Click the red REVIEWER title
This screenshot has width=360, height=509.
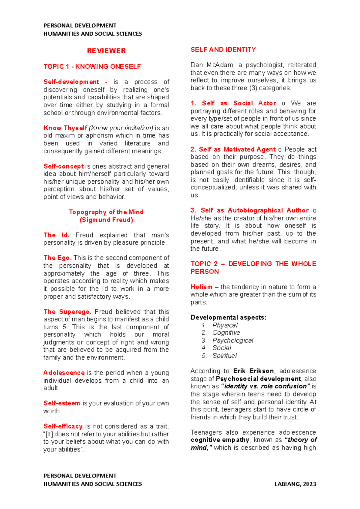106,51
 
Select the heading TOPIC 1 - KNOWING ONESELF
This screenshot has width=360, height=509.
92,67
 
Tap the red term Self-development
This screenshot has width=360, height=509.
71,82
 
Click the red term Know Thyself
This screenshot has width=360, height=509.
65,128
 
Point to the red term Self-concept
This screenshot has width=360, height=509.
63,166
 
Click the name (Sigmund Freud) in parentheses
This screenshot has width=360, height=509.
106,220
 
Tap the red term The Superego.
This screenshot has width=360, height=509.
67,312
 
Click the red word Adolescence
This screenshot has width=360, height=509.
64,373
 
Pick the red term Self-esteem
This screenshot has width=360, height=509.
61,403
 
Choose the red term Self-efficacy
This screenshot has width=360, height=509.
63,426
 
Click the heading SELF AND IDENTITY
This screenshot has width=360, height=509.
223,50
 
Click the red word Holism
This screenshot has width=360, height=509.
201,287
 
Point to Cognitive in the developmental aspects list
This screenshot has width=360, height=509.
226,333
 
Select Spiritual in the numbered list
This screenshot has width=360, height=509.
224,356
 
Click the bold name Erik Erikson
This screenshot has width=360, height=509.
253,371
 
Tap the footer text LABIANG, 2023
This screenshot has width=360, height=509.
295,484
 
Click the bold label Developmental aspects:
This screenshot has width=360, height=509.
228,318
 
